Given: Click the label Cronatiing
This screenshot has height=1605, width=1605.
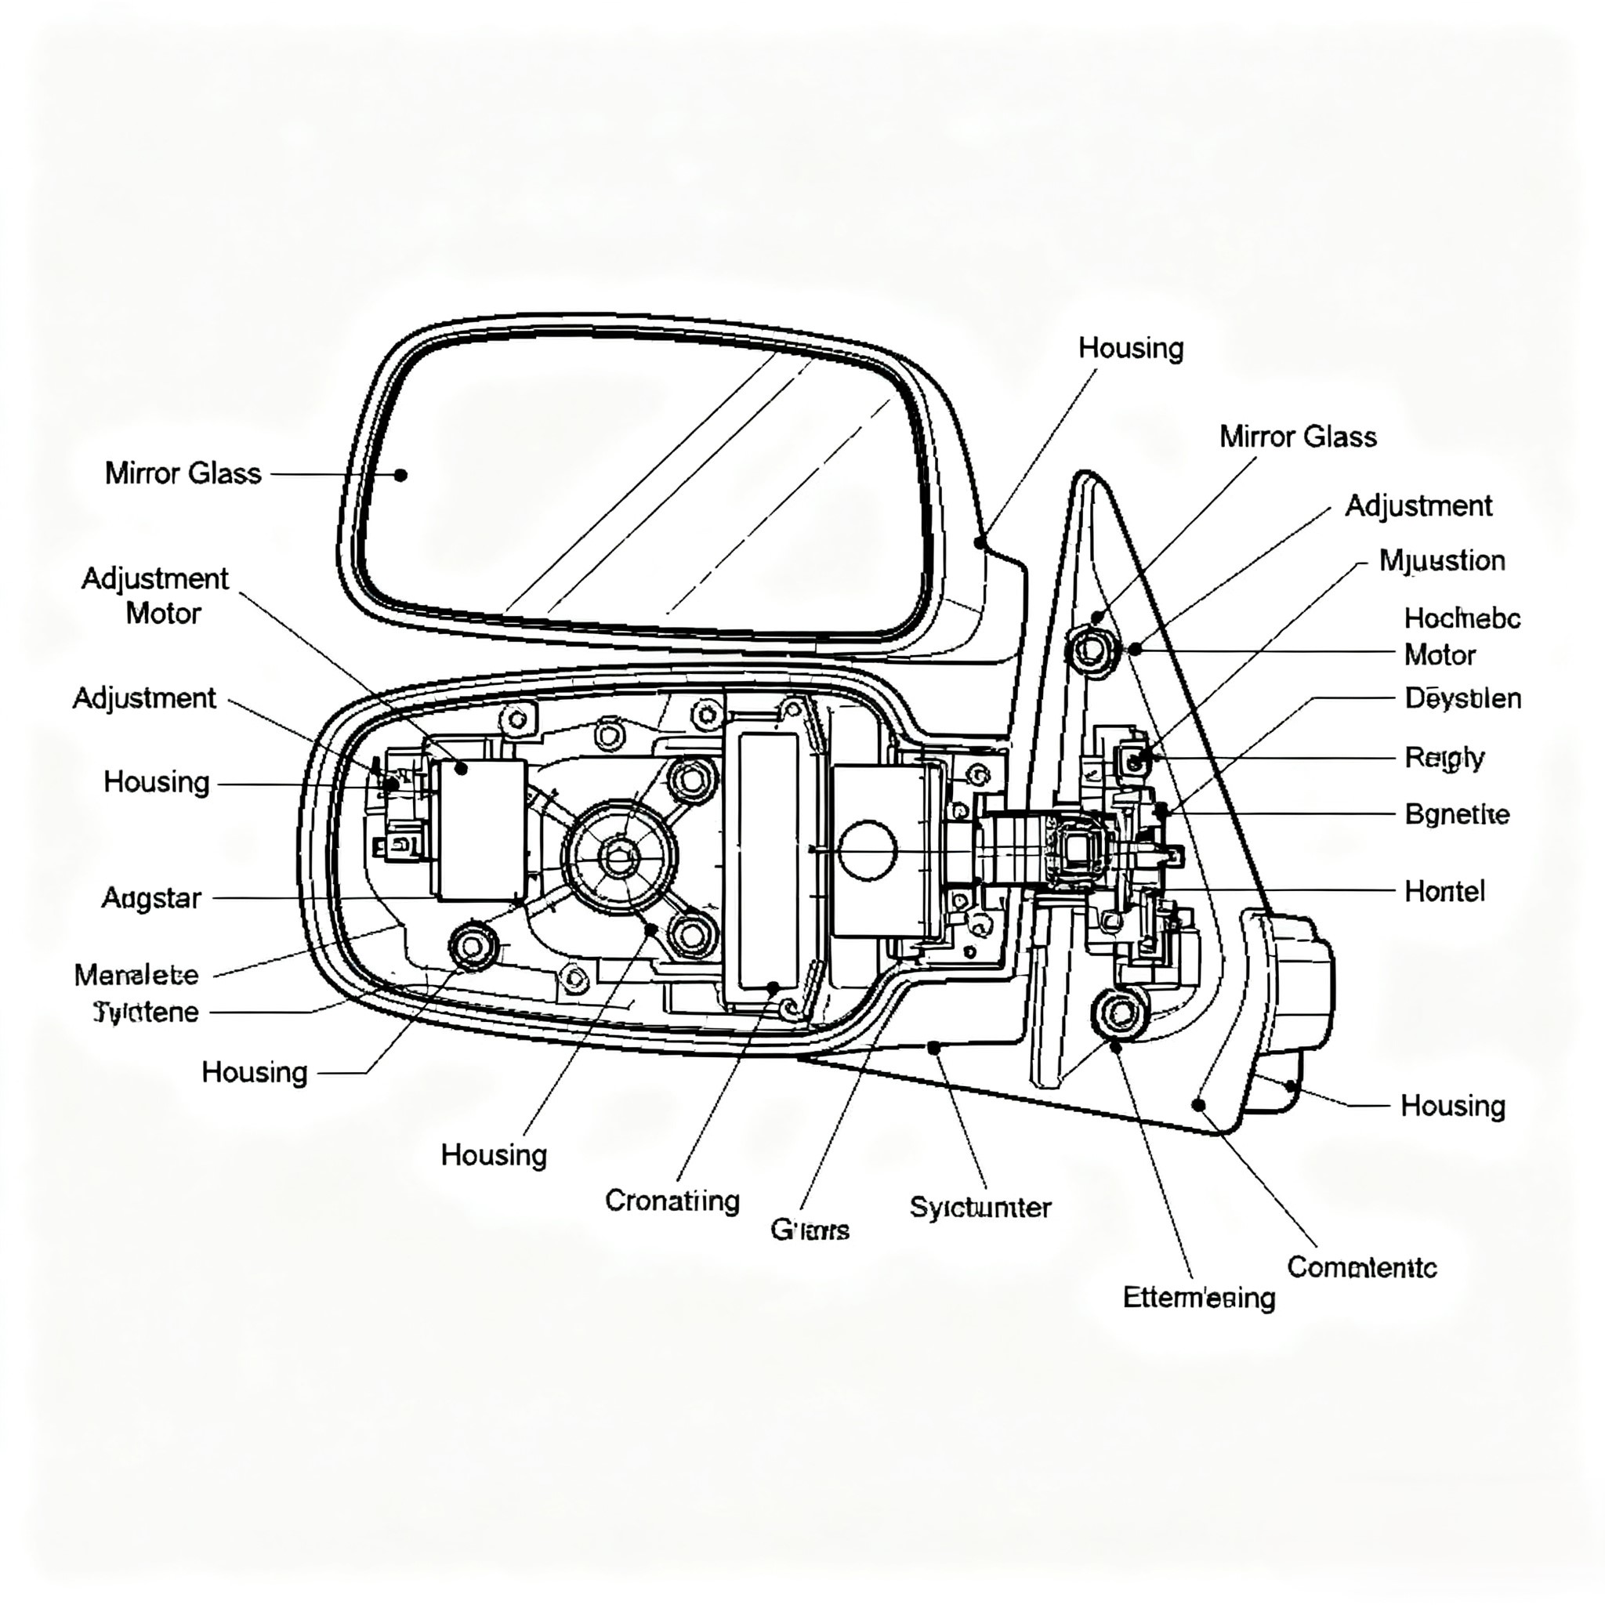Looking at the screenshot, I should click(x=672, y=1201).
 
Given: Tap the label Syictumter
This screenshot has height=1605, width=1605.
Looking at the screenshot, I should click(x=980, y=1207).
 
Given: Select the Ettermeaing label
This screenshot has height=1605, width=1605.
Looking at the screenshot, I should click(x=1199, y=1297).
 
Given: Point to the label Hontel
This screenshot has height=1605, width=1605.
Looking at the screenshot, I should click(x=1444, y=891).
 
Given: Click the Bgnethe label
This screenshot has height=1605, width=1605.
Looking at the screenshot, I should click(x=1456, y=814).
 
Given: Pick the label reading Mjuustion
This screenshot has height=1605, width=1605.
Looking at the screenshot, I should click(x=1441, y=561).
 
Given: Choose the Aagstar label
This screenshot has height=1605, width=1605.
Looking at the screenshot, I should click(x=151, y=898).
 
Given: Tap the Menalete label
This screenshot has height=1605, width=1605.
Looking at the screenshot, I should click(x=136, y=974).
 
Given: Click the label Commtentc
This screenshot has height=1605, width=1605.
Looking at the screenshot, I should click(x=1361, y=1267).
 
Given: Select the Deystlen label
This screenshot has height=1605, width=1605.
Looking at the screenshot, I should click(x=1462, y=697).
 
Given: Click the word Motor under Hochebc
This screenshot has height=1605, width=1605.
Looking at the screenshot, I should click(x=1440, y=655).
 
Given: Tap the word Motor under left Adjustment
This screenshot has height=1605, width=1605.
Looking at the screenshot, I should click(x=163, y=614).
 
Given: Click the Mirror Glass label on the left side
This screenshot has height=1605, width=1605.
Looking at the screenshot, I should click(x=183, y=473).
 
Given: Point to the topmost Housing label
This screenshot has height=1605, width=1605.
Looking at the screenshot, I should click(x=1131, y=348).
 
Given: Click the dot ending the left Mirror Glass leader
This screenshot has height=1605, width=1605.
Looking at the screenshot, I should click(x=400, y=475).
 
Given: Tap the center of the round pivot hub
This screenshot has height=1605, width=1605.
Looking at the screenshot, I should click(x=618, y=857).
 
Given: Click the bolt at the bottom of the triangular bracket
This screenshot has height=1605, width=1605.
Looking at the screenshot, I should click(x=1120, y=1013).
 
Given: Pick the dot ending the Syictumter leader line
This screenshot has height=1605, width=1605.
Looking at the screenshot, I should click(x=933, y=1049).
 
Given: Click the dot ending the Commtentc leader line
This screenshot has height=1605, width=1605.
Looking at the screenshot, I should click(x=1198, y=1105).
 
